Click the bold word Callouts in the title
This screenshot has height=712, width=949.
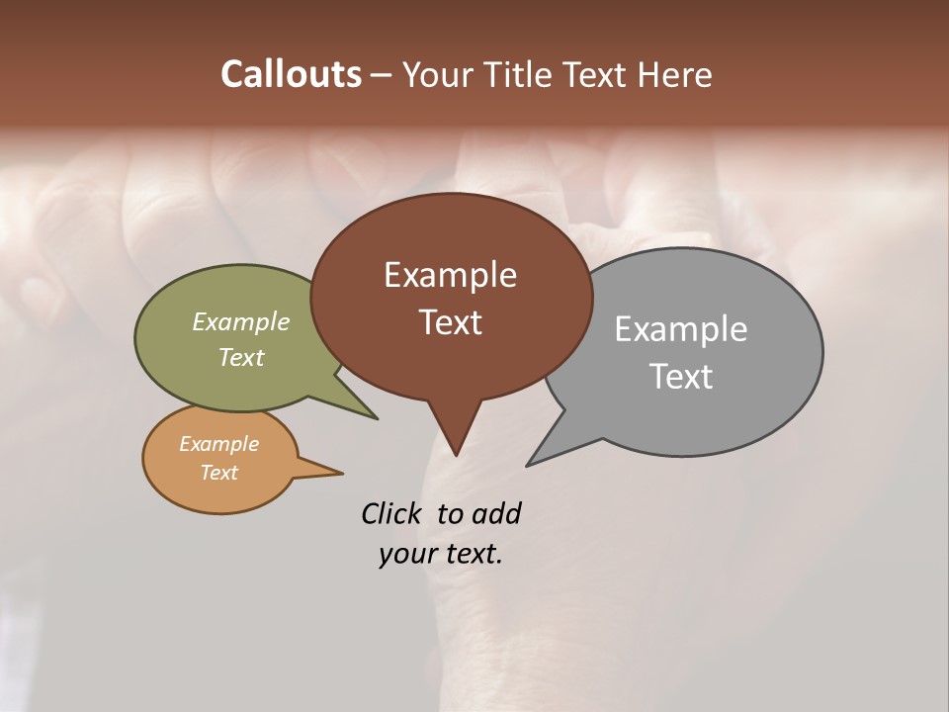click(291, 74)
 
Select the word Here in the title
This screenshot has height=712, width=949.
click(675, 74)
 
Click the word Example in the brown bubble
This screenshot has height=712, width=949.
click(450, 275)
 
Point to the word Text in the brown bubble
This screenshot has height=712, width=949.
click(450, 322)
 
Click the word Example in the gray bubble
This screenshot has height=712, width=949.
click(680, 329)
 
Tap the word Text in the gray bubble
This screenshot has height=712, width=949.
click(681, 377)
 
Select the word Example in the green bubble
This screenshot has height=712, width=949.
click(241, 321)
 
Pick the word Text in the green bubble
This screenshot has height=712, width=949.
click(241, 357)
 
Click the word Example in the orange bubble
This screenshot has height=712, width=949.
click(218, 444)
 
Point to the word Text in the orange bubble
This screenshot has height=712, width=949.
click(218, 473)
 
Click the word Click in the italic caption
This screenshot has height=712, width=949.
click(392, 513)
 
